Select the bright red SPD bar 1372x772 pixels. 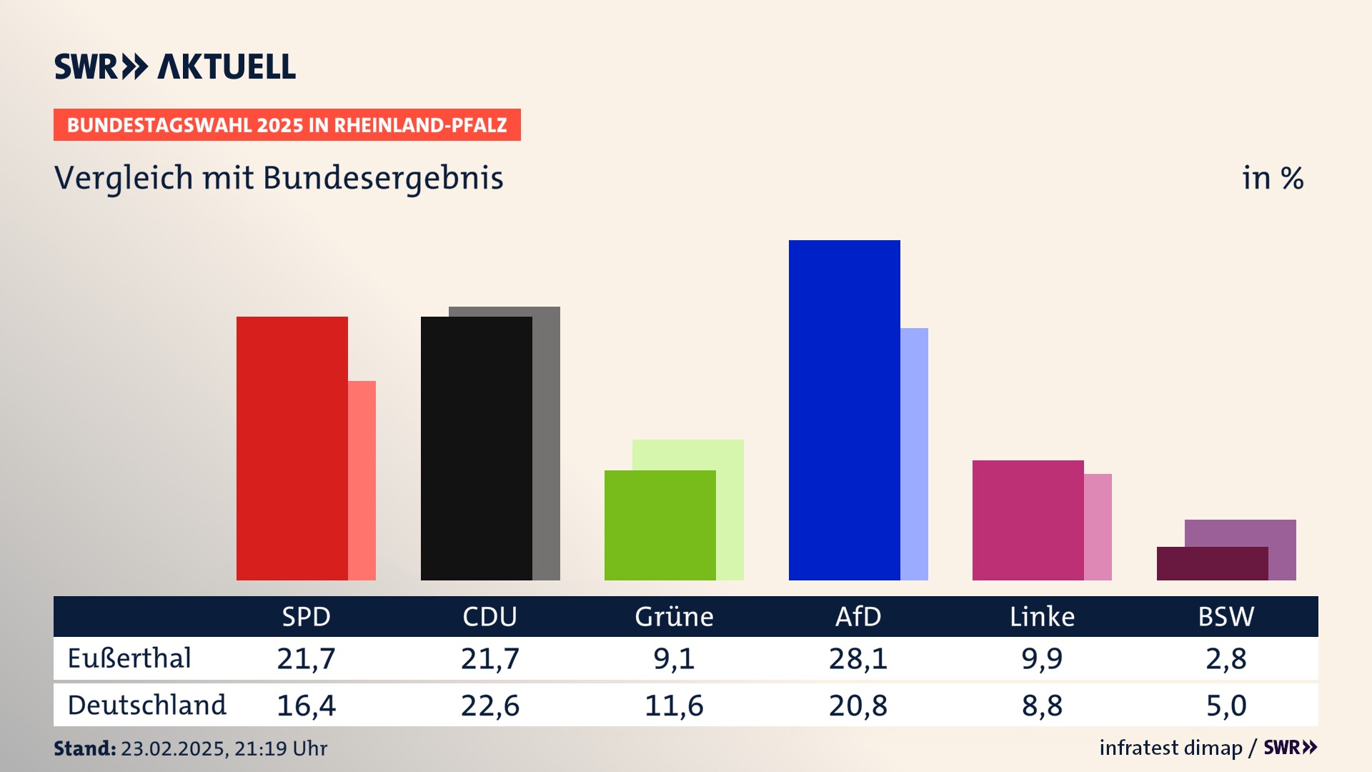pyautogui.click(x=292, y=448)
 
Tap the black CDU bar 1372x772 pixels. pyautogui.click(x=476, y=448)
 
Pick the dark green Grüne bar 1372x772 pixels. pyautogui.click(x=660, y=525)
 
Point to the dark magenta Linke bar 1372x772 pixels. pyautogui.click(x=1028, y=520)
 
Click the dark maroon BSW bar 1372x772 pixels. pyautogui.click(x=1212, y=563)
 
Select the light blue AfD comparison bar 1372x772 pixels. pyautogui.click(x=914, y=454)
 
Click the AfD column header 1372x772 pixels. pyautogui.click(x=858, y=616)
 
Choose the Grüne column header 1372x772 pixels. pyautogui.click(x=674, y=616)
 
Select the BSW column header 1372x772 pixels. pyautogui.click(x=1226, y=616)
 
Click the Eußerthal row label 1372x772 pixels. pyautogui.click(x=129, y=658)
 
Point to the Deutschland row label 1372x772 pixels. pyautogui.click(x=146, y=706)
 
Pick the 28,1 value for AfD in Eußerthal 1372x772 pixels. pyautogui.click(x=858, y=658)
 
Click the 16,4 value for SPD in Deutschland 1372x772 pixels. pyautogui.click(x=306, y=706)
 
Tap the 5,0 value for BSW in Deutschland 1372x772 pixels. pyautogui.click(x=1226, y=706)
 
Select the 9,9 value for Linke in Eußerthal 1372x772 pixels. pyautogui.click(x=1042, y=658)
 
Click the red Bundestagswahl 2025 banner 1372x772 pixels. pyautogui.click(x=287, y=125)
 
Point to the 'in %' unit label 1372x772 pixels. pyautogui.click(x=1273, y=178)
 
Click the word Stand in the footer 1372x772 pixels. pyautogui.click(x=84, y=748)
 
